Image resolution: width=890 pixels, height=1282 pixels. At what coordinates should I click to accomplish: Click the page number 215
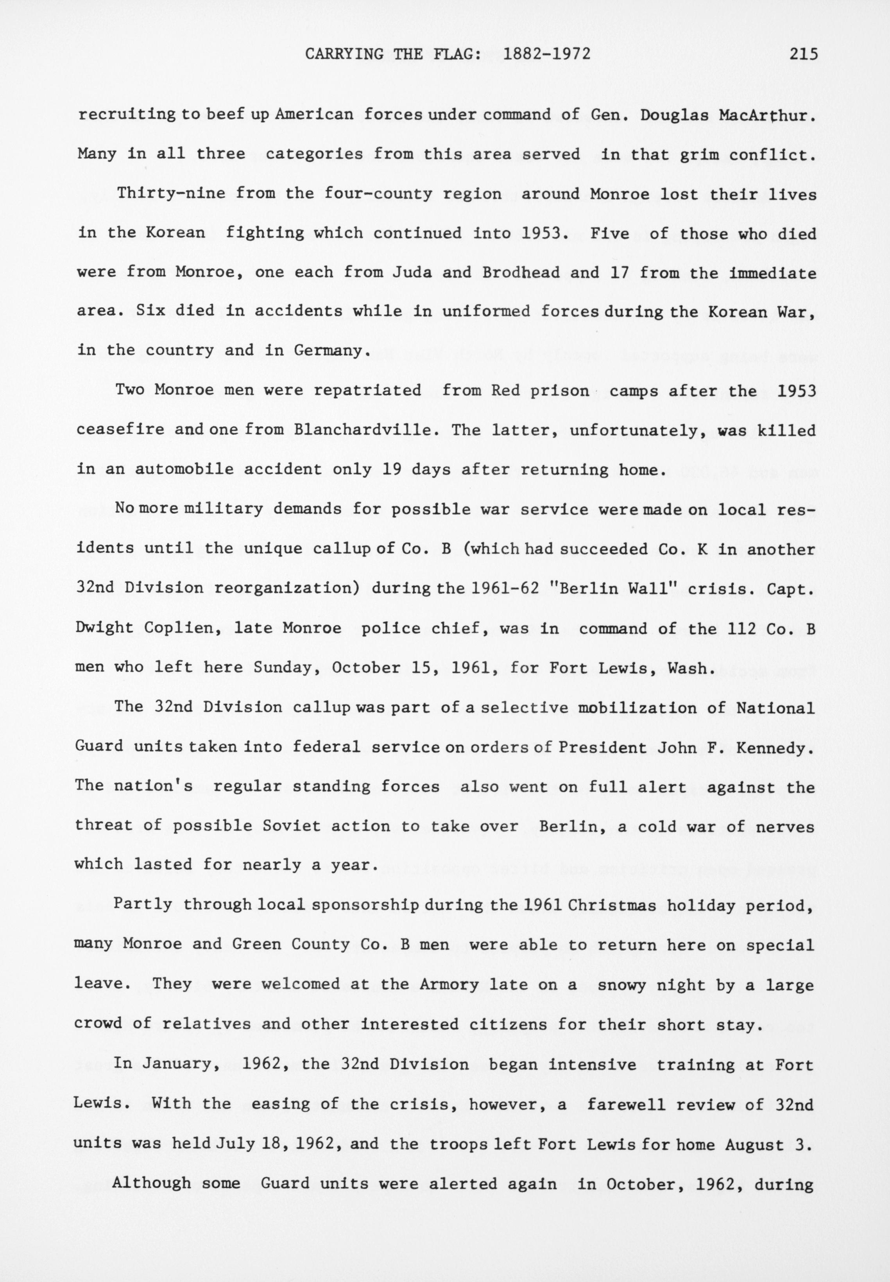802,54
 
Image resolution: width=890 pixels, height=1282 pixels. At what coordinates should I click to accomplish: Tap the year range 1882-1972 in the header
546,54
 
